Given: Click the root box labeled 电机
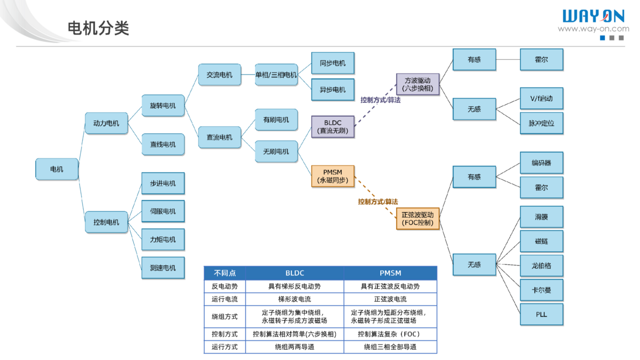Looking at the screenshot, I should pyautogui.click(x=57, y=169).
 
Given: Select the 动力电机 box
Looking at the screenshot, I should pyautogui.click(x=106, y=123).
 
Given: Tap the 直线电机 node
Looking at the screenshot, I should pyautogui.click(x=163, y=144).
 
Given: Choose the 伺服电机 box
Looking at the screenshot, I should pyautogui.click(x=163, y=211).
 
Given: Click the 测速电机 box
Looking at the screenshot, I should pyautogui.click(x=163, y=267).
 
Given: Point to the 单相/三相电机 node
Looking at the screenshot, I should pyautogui.click(x=276, y=75).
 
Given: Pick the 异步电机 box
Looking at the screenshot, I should pyautogui.click(x=333, y=90).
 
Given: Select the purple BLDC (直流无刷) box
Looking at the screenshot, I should pyautogui.click(x=333, y=126).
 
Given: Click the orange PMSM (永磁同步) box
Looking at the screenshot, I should pyautogui.click(x=333, y=176).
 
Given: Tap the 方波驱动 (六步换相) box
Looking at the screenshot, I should pyautogui.click(x=418, y=84).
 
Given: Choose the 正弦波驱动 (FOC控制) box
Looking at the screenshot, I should pyautogui.click(x=418, y=219).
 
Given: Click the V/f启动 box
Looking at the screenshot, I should pyautogui.click(x=541, y=99).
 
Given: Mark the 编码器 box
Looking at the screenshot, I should pyautogui.click(x=541, y=163).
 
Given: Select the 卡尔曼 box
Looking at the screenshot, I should pyautogui.click(x=541, y=290).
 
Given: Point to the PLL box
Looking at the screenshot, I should pyautogui.click(x=541, y=314).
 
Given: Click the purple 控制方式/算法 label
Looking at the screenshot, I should pyautogui.click(x=380, y=100).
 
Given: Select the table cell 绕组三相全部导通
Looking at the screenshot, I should pyautogui.click(x=390, y=347).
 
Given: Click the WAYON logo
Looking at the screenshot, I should pyautogui.click(x=593, y=17).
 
